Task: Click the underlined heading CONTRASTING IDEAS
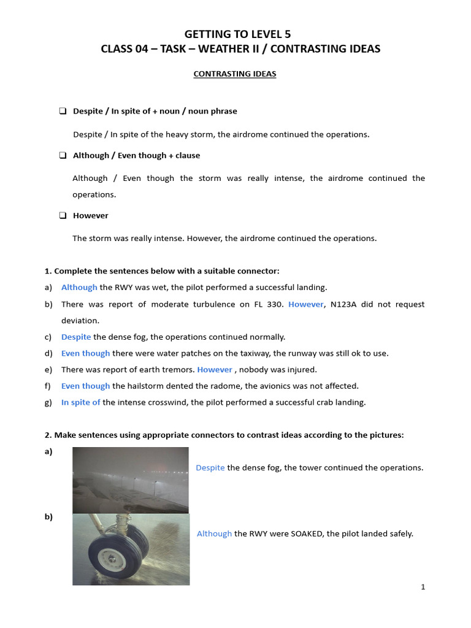pos(235,74)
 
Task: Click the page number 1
pos(423,587)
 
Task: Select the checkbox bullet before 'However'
pos(63,215)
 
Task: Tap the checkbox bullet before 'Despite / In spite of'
pos(63,111)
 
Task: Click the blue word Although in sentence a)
pos(79,287)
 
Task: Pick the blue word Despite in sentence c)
pos(76,337)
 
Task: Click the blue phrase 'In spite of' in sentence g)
pos(81,402)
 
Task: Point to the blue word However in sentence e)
pos(215,370)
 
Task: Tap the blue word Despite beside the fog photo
pos(210,467)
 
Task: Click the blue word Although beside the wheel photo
pos(215,534)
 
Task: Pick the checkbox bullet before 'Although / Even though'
pos(63,155)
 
